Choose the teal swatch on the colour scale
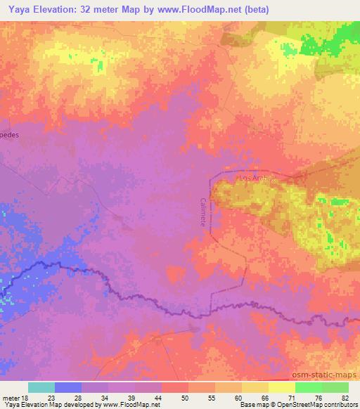click(41, 387)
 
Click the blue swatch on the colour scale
click(68, 387)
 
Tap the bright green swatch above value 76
click(308, 387)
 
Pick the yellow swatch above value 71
click(281, 387)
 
